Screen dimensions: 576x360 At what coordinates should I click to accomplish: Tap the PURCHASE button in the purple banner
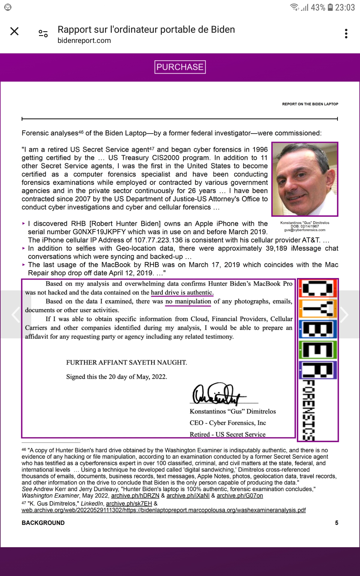tap(180, 67)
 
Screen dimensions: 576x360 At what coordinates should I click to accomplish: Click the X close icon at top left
tap(14, 31)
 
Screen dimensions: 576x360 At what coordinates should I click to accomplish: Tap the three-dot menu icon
tap(346, 34)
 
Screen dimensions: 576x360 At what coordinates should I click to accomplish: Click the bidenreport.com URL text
tap(84, 40)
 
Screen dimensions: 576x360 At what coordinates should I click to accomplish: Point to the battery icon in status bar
tap(330, 7)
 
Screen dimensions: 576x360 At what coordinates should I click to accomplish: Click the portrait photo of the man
tap(305, 179)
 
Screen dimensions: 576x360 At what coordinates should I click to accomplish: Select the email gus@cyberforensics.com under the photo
tap(305, 230)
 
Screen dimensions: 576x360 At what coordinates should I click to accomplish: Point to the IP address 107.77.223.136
tap(158, 240)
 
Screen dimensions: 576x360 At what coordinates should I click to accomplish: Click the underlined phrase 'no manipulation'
tap(188, 301)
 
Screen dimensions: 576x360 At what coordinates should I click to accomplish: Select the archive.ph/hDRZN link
tap(135, 496)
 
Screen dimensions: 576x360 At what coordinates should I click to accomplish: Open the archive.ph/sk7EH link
tap(129, 503)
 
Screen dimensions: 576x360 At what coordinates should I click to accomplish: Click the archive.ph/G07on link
tap(240, 496)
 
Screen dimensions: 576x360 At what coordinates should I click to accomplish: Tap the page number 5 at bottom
tap(337, 523)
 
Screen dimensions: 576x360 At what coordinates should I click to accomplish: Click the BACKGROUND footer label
tap(43, 523)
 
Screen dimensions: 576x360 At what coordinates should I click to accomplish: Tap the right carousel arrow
tap(344, 314)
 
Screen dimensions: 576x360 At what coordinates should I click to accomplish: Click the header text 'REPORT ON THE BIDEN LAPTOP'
tap(310, 104)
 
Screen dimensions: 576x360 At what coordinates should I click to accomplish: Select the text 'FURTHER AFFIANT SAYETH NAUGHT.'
tap(127, 362)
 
